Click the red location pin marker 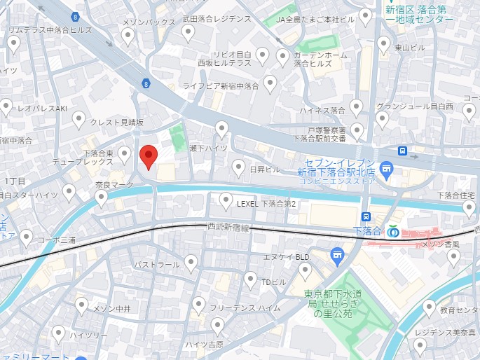click(x=149, y=158)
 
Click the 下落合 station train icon click(x=366, y=218)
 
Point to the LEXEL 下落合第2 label click(x=267, y=204)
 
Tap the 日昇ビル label click(x=266, y=170)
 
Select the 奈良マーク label click(x=114, y=185)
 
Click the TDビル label click(x=274, y=282)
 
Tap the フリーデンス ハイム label click(x=245, y=307)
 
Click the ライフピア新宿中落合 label click(x=221, y=86)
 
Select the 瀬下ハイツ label click(x=208, y=148)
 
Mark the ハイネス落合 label click(x=322, y=111)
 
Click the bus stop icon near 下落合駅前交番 click(x=403, y=151)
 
